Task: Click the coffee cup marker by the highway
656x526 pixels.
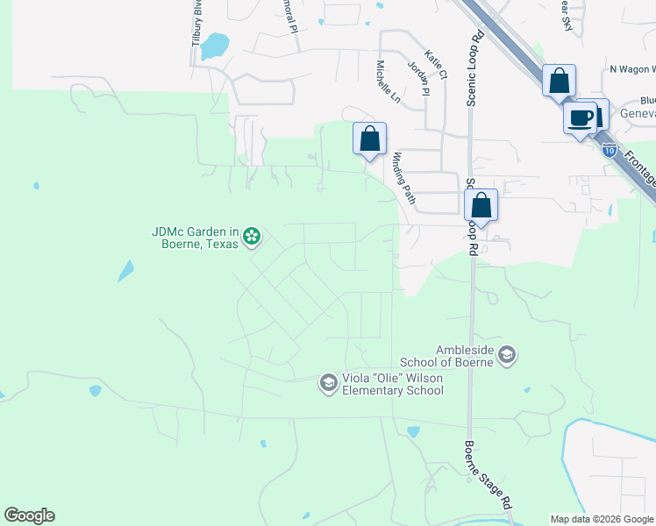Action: tap(580, 118)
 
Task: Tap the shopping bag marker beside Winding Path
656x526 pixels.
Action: tap(369, 139)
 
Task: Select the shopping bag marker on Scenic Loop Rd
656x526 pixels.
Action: tap(481, 206)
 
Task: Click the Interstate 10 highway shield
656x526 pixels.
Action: tap(609, 150)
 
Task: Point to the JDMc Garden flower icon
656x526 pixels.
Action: tap(252, 236)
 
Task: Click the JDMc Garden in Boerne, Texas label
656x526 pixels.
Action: tap(195, 238)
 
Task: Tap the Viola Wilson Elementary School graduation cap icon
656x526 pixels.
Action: tap(328, 383)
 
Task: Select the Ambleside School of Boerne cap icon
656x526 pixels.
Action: tap(506, 355)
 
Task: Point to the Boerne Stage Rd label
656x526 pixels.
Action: tap(487, 474)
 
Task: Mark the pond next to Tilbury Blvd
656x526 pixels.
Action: tap(215, 46)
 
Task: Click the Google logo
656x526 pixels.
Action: tap(29, 515)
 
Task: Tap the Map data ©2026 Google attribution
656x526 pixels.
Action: tap(602, 519)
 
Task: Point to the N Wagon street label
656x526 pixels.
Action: tap(631, 69)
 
